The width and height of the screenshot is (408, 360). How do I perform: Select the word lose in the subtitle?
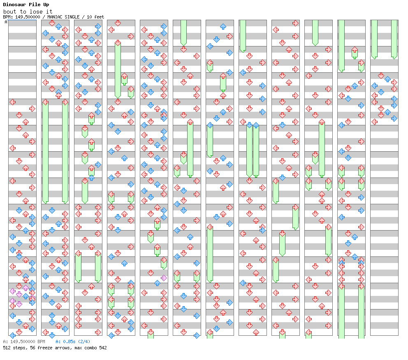pyautogui.click(x=35, y=12)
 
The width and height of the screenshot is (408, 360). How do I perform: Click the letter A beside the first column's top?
pyautogui.click(x=6, y=22)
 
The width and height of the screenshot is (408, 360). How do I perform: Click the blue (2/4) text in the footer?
pyautogui.click(x=84, y=342)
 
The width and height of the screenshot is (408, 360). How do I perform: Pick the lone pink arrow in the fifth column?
pyautogui.click(x=164, y=278)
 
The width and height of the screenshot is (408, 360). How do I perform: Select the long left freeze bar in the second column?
pyautogui.click(x=45, y=152)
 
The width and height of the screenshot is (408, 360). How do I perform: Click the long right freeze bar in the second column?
pyautogui.click(x=65, y=152)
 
